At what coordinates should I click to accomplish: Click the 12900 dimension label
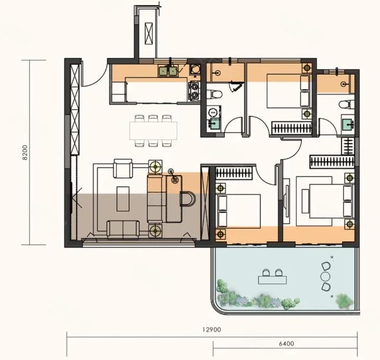212,329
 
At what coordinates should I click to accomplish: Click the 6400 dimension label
286,343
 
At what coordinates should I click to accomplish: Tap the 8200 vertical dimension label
25,153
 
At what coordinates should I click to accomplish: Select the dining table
153,131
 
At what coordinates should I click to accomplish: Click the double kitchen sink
167,71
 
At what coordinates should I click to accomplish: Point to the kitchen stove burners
194,91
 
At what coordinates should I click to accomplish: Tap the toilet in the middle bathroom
214,94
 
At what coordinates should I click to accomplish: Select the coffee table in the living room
123,199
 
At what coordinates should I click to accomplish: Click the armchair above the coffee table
123,169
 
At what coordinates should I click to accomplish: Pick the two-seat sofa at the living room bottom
123,228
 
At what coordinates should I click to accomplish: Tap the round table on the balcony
325,276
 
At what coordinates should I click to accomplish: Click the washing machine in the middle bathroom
213,112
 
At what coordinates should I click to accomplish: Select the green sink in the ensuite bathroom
348,124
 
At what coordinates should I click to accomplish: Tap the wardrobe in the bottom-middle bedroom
234,173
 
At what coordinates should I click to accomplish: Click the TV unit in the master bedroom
286,201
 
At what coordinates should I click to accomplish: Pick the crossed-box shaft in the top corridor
149,33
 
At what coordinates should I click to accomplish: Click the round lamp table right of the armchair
155,166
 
